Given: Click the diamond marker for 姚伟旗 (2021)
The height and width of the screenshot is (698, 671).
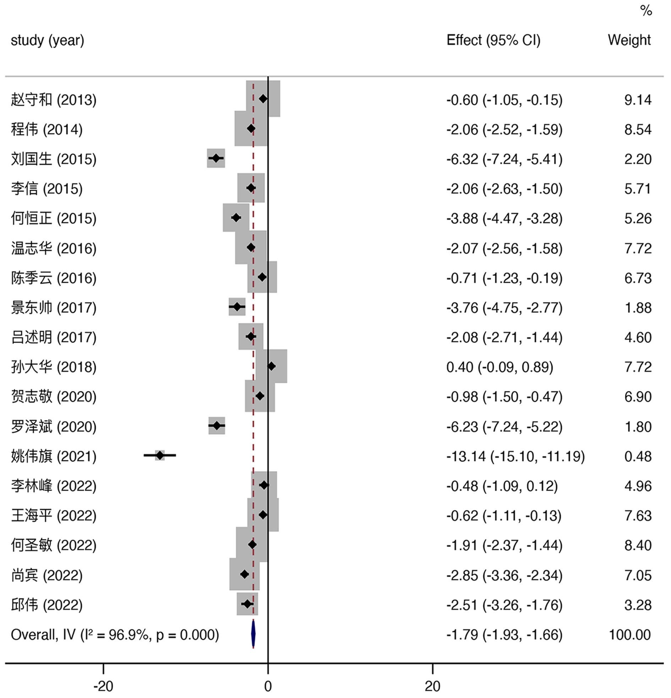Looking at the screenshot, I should click(160, 455).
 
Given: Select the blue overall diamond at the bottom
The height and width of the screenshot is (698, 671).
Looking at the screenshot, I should click(253, 634).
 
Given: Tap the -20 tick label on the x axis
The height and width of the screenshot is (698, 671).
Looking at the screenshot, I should click(103, 686).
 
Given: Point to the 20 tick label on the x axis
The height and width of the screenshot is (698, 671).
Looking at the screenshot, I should click(432, 686).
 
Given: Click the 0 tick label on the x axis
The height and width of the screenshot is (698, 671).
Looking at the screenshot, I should click(268, 686).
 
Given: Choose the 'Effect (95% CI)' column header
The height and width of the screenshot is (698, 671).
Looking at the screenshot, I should click(493, 40).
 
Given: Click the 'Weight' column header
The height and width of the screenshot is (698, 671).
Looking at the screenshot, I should click(629, 40).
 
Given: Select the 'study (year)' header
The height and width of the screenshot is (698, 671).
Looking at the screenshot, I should click(47, 40).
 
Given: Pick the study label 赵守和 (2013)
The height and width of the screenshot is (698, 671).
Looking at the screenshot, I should click(54, 100).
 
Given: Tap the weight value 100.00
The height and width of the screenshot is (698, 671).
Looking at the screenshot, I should click(630, 634).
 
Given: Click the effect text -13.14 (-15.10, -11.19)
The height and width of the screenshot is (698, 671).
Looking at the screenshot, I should click(515, 456).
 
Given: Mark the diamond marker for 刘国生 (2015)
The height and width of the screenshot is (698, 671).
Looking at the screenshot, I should click(216, 158).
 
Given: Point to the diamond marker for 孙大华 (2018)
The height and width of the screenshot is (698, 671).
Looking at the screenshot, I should click(271, 366).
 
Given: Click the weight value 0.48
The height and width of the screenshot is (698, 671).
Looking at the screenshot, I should click(638, 456).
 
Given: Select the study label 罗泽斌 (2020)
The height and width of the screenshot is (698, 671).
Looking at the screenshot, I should click(54, 427).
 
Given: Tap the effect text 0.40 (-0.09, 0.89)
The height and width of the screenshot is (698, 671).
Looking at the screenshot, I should click(500, 367).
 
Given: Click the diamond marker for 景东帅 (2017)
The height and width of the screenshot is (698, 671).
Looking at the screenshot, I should click(237, 307).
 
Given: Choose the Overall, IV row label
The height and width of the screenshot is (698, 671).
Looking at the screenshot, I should click(115, 634).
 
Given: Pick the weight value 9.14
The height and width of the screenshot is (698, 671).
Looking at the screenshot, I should click(638, 100).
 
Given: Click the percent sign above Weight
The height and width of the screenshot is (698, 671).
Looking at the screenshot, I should click(646, 11).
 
